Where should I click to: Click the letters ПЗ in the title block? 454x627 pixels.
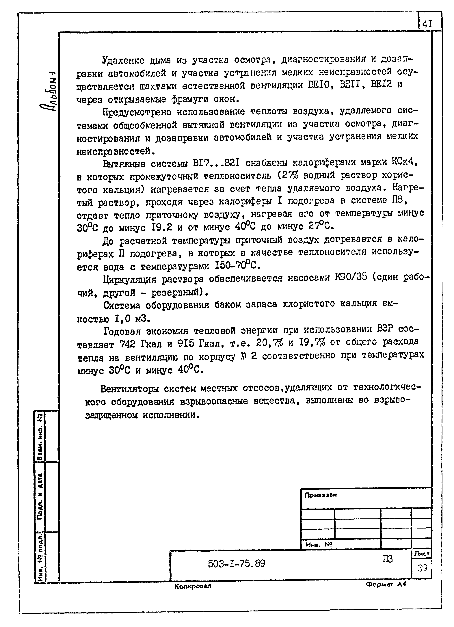click(x=388, y=559)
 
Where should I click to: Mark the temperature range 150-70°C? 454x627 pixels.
click(x=237, y=266)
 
